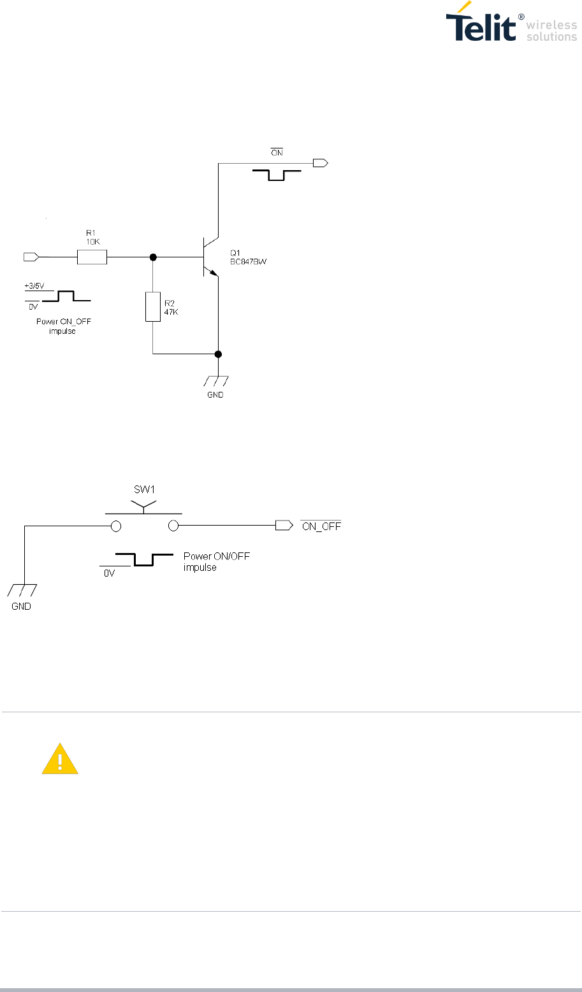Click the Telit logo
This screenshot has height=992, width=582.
pyautogui.click(x=510, y=26)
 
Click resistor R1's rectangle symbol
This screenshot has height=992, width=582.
pyautogui.click(x=92, y=257)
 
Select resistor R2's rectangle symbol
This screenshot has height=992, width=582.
pyautogui.click(x=153, y=306)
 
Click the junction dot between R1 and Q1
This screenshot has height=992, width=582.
pyautogui.click(x=153, y=257)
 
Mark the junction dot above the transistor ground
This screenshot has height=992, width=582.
pyautogui.click(x=218, y=354)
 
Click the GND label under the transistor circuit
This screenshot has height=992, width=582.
pyautogui.click(x=215, y=394)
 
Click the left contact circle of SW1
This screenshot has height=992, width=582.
pyautogui.click(x=116, y=526)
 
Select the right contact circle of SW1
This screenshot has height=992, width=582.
pyautogui.click(x=173, y=526)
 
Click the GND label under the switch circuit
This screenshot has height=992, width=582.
pyautogui.click(x=21, y=607)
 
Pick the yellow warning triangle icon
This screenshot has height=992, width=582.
pyautogui.click(x=60, y=759)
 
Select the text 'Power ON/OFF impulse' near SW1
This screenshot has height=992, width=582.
pyautogui.click(x=217, y=562)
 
